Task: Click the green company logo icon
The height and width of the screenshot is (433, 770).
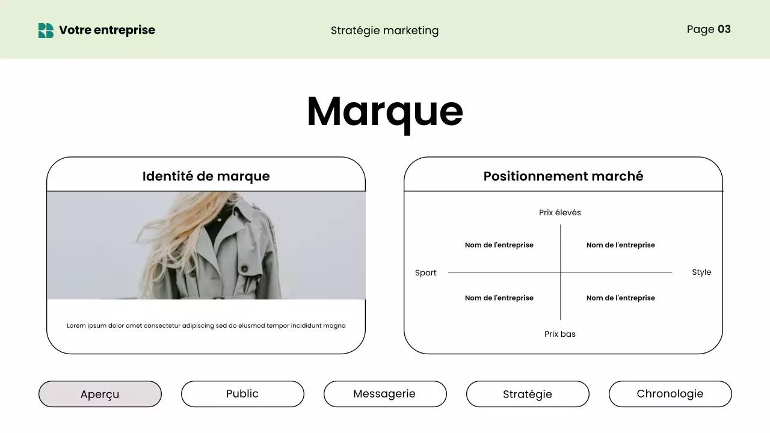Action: pos(46,30)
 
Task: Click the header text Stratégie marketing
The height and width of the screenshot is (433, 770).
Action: pos(384,30)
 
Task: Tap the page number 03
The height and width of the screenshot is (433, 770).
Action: pos(724,29)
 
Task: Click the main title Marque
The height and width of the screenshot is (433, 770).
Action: pos(384,111)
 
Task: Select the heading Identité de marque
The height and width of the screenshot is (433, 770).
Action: pos(206,176)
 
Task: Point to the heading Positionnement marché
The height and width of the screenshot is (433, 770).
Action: pos(563,176)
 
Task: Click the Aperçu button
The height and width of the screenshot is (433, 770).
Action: pos(100,394)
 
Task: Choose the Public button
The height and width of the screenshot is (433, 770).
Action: pos(242,394)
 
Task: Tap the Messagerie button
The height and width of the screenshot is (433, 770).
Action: pos(384,394)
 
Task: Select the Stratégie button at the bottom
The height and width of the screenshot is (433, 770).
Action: pos(528,394)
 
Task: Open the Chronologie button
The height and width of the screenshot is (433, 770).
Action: pos(670,394)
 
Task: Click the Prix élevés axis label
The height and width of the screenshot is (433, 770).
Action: pos(559,212)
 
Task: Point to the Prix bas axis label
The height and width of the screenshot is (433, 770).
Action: pos(559,334)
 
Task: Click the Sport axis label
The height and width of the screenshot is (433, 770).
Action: pos(425,272)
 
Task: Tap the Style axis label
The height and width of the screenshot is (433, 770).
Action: pos(701,272)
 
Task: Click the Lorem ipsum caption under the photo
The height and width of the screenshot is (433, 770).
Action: pos(206,325)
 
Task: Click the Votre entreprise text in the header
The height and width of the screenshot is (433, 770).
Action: pos(106,30)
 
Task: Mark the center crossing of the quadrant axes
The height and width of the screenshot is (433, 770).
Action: pos(561,272)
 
